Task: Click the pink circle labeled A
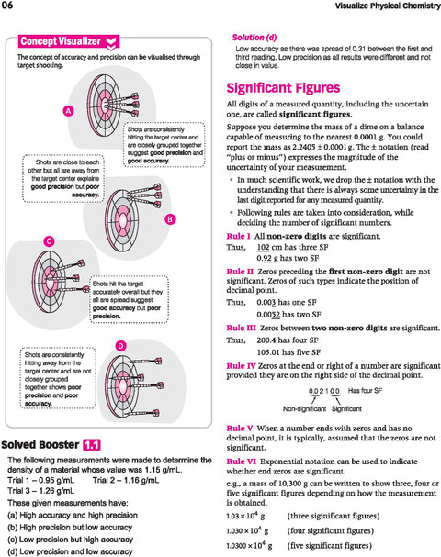tap(69, 111)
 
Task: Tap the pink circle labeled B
tap(170, 219)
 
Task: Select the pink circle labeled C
tap(49, 241)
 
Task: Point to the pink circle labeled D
tap(121, 346)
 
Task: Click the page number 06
tap(6, 5)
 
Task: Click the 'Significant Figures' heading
tap(283, 88)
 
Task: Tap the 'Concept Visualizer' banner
tap(69, 41)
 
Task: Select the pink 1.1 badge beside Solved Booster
tap(92, 445)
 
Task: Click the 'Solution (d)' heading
tap(254, 38)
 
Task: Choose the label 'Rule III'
tap(241, 328)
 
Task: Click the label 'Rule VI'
tap(241, 462)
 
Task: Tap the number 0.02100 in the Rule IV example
tap(324, 391)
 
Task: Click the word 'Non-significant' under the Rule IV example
tap(304, 409)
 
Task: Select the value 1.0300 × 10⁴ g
tap(249, 546)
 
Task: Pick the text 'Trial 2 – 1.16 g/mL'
tap(126, 481)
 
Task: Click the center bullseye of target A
tap(103, 106)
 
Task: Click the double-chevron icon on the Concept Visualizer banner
tap(111, 42)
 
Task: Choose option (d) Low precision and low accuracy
tap(70, 551)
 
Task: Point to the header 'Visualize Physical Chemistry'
tap(388, 6)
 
